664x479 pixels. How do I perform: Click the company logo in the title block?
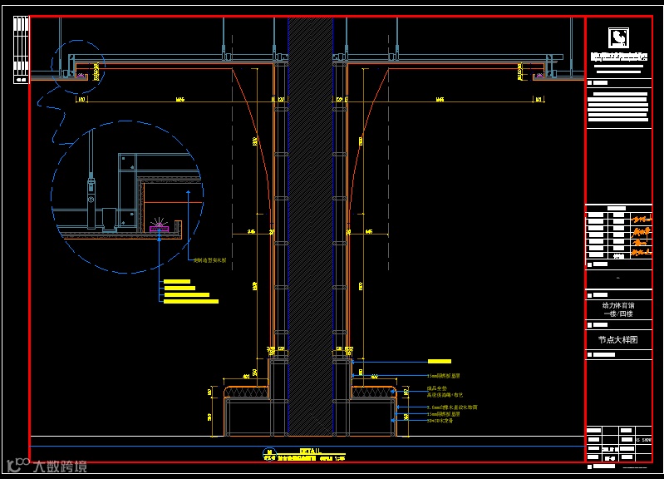coord(617,38)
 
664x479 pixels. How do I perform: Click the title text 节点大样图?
coord(617,340)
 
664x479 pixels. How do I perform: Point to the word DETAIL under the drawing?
coord(286,450)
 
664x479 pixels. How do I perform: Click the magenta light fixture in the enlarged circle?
coord(159,228)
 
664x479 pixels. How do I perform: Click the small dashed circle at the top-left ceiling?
coord(78,65)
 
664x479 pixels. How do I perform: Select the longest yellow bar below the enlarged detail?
coord(190,301)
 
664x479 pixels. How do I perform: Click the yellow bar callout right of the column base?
coord(439,361)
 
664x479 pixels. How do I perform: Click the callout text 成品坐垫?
coord(437,388)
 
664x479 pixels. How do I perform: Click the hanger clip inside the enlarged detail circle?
coord(92,191)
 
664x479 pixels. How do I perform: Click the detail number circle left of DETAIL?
coord(268,452)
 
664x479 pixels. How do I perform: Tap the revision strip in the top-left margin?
coord(21,50)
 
